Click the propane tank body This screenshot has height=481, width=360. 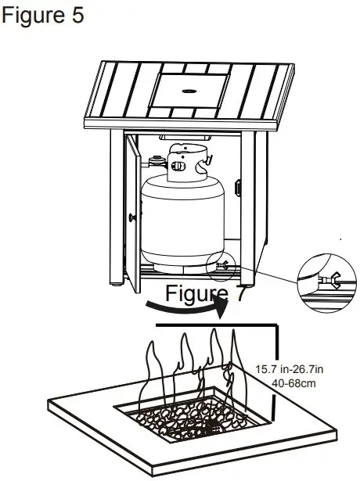tap(182, 223)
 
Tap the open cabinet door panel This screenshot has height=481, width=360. tap(131, 211)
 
